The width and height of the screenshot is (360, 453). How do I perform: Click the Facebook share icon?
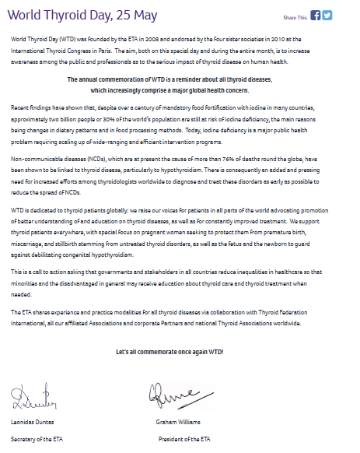315,15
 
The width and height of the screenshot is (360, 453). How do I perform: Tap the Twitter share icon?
327,15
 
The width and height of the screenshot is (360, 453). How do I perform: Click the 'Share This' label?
295,16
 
